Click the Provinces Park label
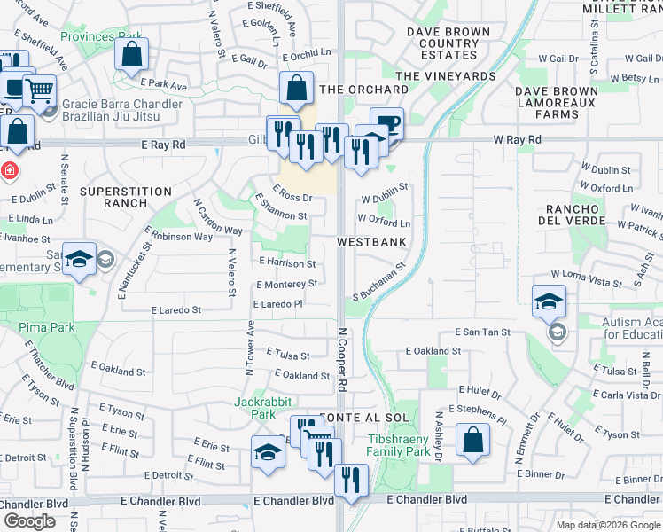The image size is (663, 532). pyautogui.click(x=101, y=36)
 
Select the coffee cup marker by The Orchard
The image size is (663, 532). pyautogui.click(x=386, y=124)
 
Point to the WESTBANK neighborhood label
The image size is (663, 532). pyautogui.click(x=371, y=241)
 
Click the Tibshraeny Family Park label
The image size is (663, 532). pyautogui.click(x=399, y=445)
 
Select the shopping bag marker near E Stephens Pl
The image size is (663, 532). pyautogui.click(x=473, y=441)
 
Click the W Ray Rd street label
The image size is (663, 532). pyautogui.click(x=517, y=140)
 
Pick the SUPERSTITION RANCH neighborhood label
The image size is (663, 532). pyautogui.click(x=126, y=197)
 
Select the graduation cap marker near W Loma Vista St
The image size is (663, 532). pyautogui.click(x=549, y=301)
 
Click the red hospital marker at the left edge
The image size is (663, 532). pyautogui.click(x=7, y=169)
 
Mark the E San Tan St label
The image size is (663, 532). pyautogui.click(x=483, y=332)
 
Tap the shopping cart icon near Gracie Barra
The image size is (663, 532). pyautogui.click(x=38, y=90)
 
